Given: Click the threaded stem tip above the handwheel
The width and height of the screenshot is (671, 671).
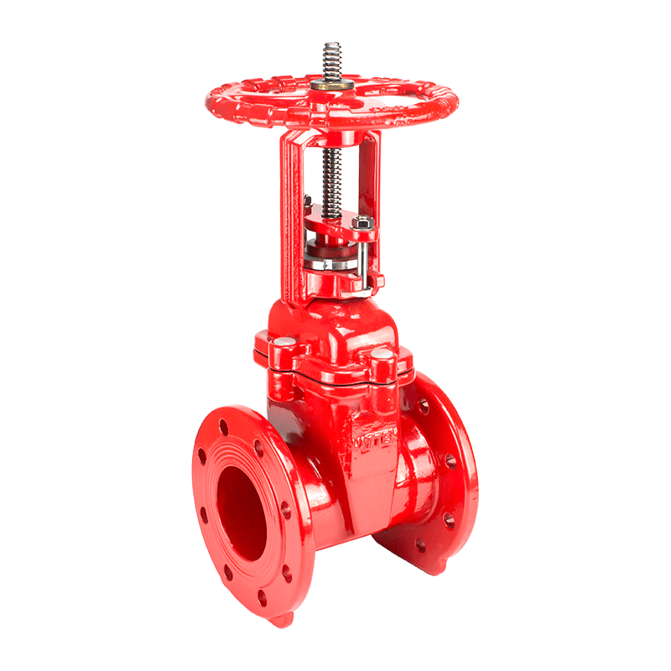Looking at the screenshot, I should pos(329,60).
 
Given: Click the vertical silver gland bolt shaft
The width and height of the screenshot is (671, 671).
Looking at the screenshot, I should pos(367,260).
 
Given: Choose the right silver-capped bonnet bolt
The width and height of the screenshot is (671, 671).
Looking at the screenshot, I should pos(382,363).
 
